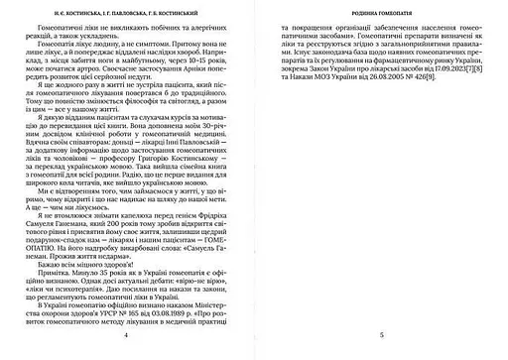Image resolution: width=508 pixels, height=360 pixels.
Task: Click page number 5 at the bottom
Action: [381, 337]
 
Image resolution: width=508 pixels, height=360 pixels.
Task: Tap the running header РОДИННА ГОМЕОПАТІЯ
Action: [381, 15]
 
